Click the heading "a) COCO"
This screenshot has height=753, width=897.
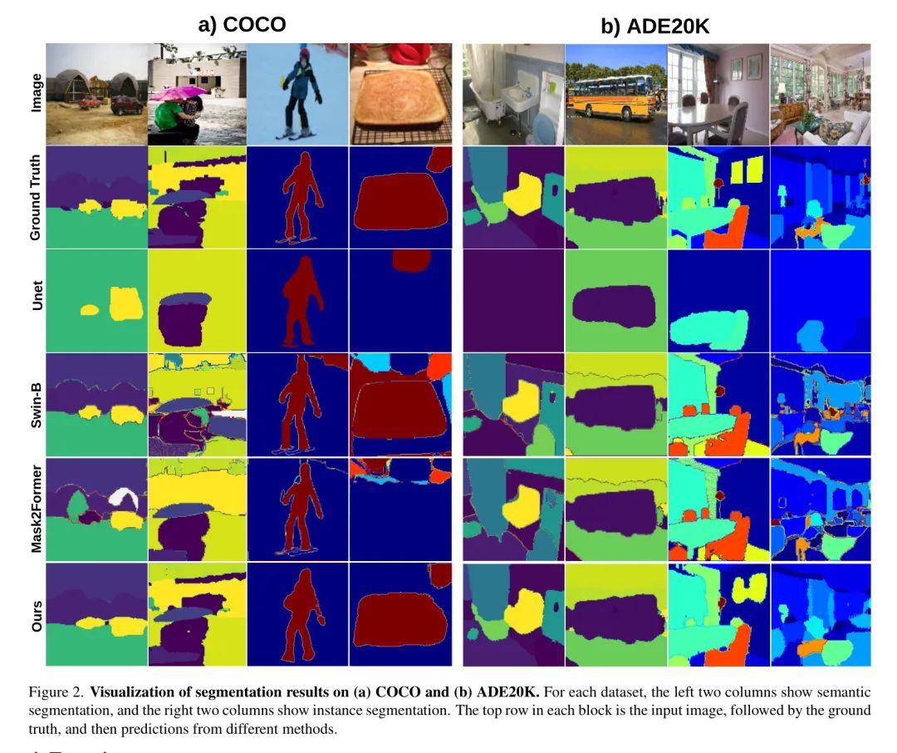[242, 24]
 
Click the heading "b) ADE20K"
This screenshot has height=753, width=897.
[655, 27]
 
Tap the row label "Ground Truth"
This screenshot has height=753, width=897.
[35, 198]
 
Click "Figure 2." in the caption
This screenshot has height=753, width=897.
[56, 692]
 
